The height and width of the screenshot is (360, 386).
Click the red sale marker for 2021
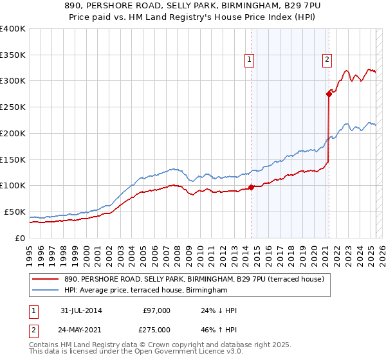coord(329,94)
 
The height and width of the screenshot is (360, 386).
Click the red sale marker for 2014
coord(251,187)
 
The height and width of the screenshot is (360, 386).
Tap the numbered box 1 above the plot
coord(249,60)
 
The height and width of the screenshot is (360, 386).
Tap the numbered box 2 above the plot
coord(327,60)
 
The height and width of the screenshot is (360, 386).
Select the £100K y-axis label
coord(13,185)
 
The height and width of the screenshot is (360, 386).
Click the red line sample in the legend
coord(46,278)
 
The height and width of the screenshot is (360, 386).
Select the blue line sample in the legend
coord(46,291)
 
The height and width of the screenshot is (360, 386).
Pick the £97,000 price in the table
coord(156,310)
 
